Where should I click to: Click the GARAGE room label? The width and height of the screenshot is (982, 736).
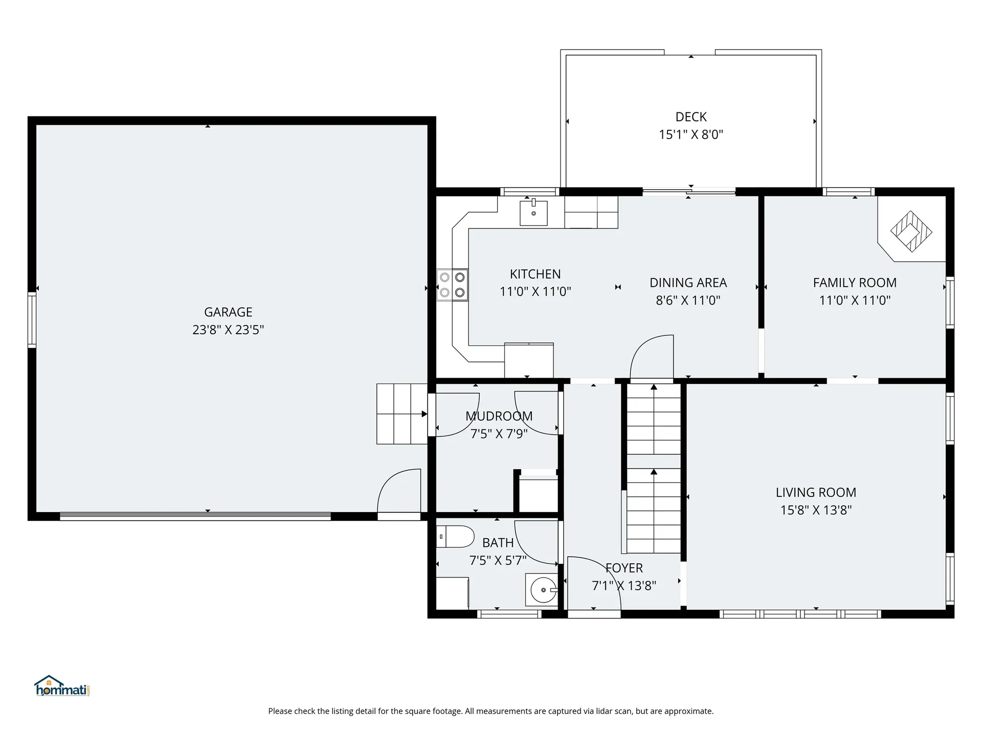pos(228,312)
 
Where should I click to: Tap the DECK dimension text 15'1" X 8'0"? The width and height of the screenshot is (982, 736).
pos(691,134)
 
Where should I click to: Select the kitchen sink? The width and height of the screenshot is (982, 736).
pos(533,213)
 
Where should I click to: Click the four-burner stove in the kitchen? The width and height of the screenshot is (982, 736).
pos(452,285)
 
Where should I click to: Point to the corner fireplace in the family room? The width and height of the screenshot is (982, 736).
pos(911,232)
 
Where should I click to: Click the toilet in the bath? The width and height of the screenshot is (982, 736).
pos(455,537)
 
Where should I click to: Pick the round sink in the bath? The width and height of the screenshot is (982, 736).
pos(543,590)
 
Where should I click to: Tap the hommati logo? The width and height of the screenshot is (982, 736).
pos(62,686)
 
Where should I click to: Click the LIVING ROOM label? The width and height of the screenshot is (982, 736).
pos(816,492)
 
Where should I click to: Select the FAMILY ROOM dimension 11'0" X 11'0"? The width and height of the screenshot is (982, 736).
pos(855,300)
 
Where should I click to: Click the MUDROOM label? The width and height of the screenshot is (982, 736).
pos(499,416)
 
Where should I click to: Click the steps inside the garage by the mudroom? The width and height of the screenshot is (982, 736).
pos(402,414)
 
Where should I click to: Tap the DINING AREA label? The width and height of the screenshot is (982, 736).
pos(688,283)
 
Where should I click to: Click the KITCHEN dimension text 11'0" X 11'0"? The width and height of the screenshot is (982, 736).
pos(535,291)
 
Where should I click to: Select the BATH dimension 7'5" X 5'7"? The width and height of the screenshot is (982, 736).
pos(498,560)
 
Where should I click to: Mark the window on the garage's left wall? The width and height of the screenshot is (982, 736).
pos(32,320)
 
